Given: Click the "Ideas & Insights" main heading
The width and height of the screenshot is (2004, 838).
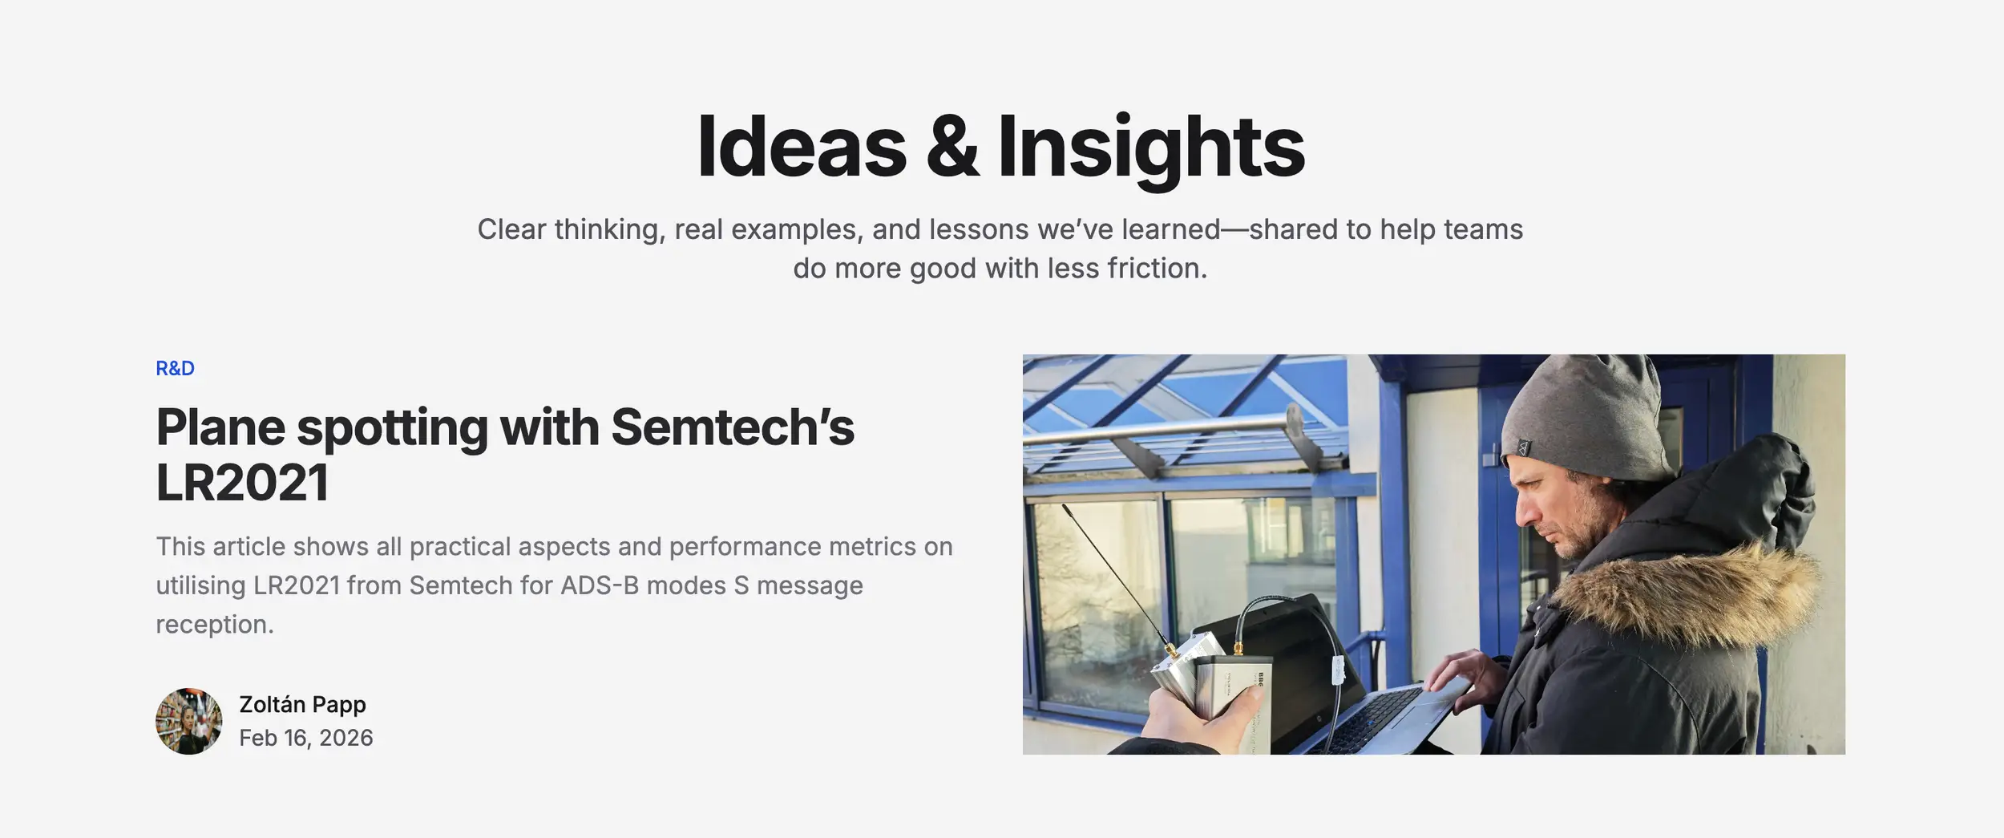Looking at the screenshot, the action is click(1000, 148).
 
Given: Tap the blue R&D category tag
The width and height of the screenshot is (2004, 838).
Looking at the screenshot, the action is click(175, 368).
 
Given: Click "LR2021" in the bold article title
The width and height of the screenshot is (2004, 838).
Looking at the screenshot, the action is click(242, 482).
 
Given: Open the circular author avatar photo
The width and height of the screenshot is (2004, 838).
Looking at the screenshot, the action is click(189, 721).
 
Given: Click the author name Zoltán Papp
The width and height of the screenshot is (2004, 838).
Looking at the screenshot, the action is click(302, 704).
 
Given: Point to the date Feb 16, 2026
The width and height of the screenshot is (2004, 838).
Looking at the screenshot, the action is click(306, 738).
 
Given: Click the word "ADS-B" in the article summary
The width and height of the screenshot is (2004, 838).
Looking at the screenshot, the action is click(600, 585).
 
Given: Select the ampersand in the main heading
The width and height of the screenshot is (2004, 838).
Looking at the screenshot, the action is click(952, 148).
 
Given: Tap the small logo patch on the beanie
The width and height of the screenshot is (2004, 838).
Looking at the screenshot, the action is click(1523, 447).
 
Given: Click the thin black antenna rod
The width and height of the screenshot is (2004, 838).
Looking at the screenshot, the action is click(1114, 573).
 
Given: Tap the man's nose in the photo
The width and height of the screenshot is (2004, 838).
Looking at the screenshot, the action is click(1527, 513).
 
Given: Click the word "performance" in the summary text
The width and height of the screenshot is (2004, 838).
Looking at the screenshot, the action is click(745, 547).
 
